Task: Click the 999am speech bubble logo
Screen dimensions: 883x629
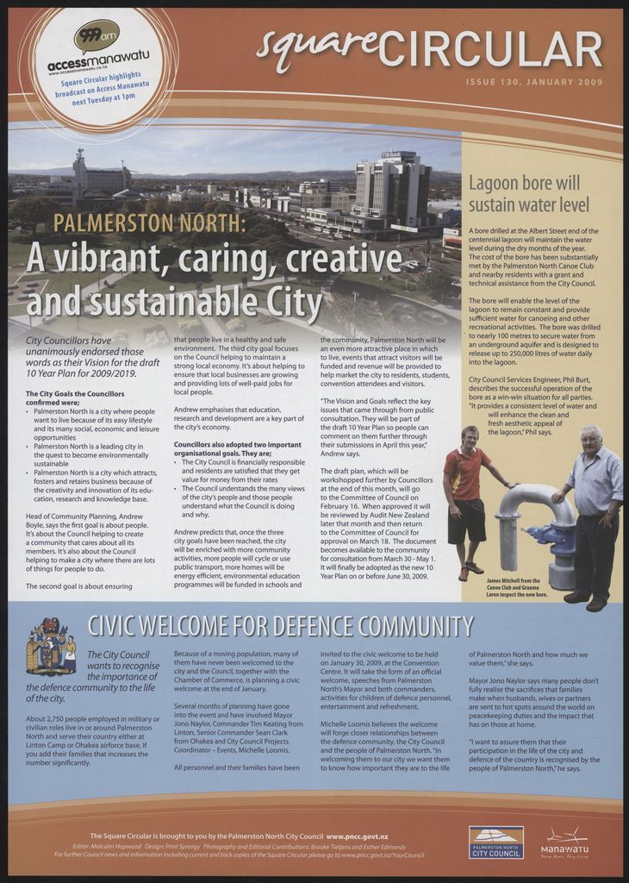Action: [96, 36]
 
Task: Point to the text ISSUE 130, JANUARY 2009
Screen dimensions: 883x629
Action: [533, 82]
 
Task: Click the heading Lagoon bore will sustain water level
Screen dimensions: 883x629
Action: [528, 194]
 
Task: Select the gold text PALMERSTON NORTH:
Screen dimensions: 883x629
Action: [149, 223]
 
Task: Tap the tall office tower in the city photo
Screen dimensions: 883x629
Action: [393, 189]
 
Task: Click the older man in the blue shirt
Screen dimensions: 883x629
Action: [595, 513]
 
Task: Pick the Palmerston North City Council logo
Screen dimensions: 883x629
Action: [495, 842]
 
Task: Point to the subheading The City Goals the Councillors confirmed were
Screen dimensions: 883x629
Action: [75, 398]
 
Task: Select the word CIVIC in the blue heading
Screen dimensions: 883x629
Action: [118, 625]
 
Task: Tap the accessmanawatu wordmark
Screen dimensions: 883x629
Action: [98, 60]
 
